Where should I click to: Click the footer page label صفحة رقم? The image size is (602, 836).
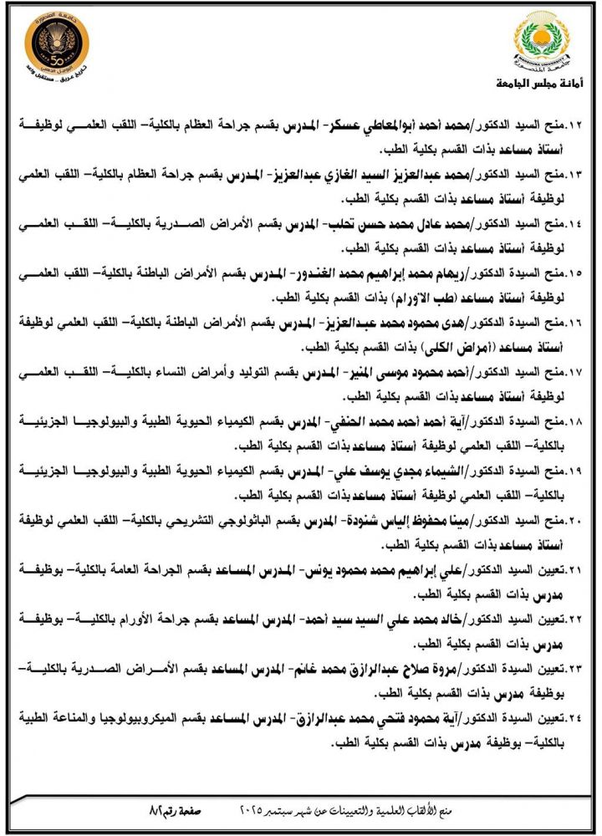(x=175, y=810)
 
